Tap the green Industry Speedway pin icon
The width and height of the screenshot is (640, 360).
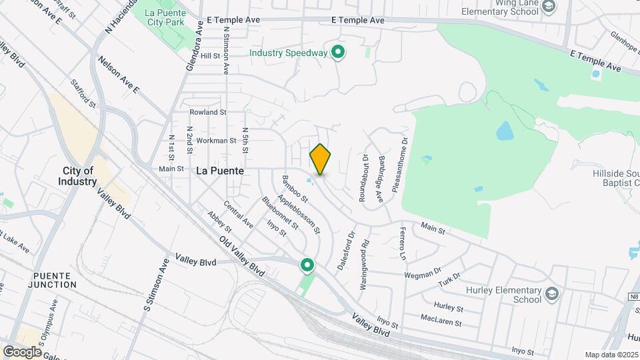(338, 52)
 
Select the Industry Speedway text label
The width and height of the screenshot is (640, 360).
(289, 53)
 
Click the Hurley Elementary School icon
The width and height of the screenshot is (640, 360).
(551, 293)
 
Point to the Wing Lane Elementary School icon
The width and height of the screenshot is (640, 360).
(548, 7)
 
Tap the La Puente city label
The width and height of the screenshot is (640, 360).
(220, 171)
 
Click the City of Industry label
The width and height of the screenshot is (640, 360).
(77, 176)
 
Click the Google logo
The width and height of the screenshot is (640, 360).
(22, 351)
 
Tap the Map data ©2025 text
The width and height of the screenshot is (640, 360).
(611, 355)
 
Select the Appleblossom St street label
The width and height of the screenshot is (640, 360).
(299, 213)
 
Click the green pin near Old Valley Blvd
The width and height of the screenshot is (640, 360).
(307, 265)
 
